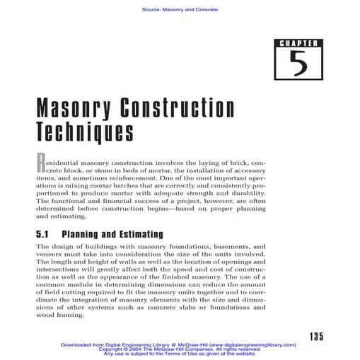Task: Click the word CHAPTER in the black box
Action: coord(297,45)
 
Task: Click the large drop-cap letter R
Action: coord(41,159)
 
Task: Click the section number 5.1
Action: coord(45,233)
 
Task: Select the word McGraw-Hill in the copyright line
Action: coord(173,349)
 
